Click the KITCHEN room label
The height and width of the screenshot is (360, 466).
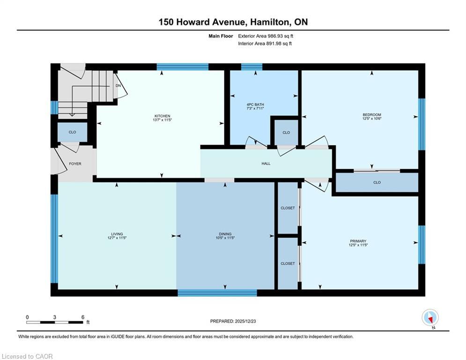(x=163, y=116)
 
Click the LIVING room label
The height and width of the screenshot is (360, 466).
(x=117, y=234)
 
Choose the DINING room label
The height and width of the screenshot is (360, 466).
(x=225, y=234)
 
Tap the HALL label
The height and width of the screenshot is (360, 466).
(x=266, y=164)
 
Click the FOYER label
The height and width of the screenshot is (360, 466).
(x=75, y=164)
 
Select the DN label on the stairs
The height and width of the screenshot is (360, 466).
(x=118, y=86)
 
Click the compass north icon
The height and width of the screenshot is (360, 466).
(x=429, y=318)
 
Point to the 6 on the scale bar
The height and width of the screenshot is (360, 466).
(x=83, y=317)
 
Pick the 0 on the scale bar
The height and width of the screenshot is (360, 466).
(x=28, y=317)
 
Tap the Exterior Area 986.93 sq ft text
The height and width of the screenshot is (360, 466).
(x=266, y=36)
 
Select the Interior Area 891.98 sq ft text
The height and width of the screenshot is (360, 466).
(x=265, y=44)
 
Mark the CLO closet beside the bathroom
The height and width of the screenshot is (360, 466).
(x=286, y=133)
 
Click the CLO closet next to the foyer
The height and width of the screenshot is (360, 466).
(x=72, y=132)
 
